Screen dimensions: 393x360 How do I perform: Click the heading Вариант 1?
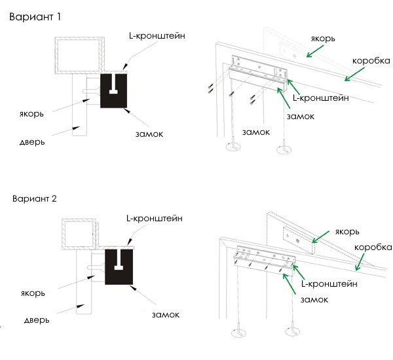click(x=35, y=17)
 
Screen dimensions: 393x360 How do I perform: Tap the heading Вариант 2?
click(x=34, y=199)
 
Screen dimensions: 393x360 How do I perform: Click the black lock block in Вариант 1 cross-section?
click(x=113, y=91)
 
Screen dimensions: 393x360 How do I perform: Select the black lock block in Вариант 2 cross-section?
click(x=119, y=267)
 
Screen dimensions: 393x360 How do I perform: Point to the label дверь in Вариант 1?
click(x=32, y=142)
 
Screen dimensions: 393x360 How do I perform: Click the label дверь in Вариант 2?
click(x=37, y=320)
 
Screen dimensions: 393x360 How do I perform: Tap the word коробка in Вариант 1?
click(x=371, y=61)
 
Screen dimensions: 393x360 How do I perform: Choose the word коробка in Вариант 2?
click(x=373, y=247)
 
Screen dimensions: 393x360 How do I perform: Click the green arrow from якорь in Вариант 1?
click(x=315, y=51)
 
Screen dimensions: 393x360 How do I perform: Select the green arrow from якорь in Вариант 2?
click(x=320, y=237)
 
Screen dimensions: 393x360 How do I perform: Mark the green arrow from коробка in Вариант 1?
click(x=354, y=74)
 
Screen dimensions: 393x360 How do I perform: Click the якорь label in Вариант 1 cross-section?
click(x=31, y=114)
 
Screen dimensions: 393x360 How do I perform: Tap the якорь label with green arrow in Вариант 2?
click(x=347, y=232)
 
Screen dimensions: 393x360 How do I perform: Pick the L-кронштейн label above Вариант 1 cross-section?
click(x=157, y=36)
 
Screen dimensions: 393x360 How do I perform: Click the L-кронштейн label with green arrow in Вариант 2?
click(x=329, y=284)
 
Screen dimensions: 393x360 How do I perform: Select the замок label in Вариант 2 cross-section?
click(x=166, y=315)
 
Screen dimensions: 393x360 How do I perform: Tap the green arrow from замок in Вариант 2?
click(x=290, y=284)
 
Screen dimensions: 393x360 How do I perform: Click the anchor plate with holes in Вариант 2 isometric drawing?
click(x=299, y=240)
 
